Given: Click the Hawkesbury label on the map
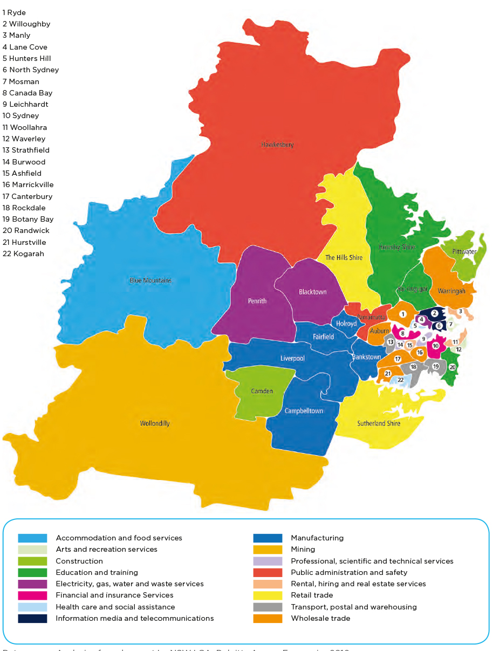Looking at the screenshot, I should [x=277, y=145].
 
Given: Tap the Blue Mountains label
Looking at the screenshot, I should [x=150, y=280].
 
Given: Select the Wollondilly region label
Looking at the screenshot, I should [x=155, y=423].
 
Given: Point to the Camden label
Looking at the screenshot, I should [x=262, y=391].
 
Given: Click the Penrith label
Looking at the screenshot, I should [x=257, y=301].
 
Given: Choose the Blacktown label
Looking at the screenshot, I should [x=313, y=292].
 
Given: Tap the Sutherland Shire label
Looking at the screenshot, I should [x=379, y=423].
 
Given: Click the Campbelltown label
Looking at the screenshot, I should [x=304, y=411].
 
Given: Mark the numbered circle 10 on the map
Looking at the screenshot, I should [x=436, y=346].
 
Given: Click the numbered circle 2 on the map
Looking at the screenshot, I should [x=435, y=313].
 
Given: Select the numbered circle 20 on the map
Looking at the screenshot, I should [x=453, y=367].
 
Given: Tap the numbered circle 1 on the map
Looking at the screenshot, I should [x=402, y=314].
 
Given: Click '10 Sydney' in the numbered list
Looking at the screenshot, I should [x=21, y=116].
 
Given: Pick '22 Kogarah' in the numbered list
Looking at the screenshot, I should [x=23, y=253].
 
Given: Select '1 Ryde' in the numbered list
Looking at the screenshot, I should [x=14, y=12].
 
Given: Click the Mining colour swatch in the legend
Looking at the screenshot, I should [x=268, y=550].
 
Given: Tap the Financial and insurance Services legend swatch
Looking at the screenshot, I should [x=32, y=595].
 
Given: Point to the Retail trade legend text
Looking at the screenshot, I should [x=312, y=595].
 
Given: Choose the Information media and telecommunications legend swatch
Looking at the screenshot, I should [x=32, y=619].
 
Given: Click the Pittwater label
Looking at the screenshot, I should [x=464, y=251].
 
